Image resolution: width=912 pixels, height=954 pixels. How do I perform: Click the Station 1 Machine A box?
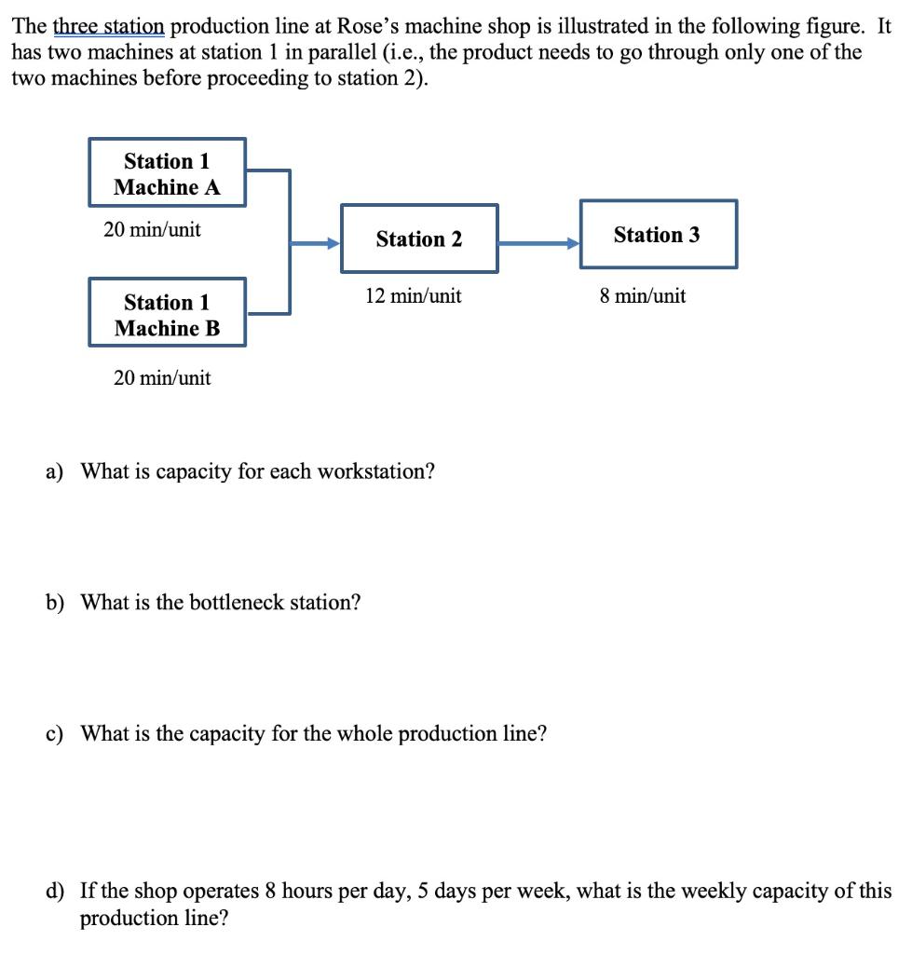coord(168,173)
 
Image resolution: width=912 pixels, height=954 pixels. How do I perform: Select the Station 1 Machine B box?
coord(168,314)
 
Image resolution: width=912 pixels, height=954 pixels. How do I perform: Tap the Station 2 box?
coord(419,239)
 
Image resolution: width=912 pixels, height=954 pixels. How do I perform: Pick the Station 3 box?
coord(658,235)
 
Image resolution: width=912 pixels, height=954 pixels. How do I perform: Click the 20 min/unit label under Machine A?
coord(152,229)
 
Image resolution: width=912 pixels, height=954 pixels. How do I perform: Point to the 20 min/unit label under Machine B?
coord(162,378)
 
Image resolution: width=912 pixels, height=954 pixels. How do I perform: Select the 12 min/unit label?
coord(413,296)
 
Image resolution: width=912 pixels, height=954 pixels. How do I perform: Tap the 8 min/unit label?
coord(643,296)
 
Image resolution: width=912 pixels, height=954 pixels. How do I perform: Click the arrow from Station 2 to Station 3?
coord(538,244)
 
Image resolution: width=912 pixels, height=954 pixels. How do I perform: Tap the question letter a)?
coord(55,471)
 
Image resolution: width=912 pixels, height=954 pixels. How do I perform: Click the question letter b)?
coord(56,603)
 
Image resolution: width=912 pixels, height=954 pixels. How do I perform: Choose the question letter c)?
coord(55,734)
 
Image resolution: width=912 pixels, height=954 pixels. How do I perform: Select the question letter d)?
coord(56,892)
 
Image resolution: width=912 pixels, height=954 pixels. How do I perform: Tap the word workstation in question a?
coord(375,471)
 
